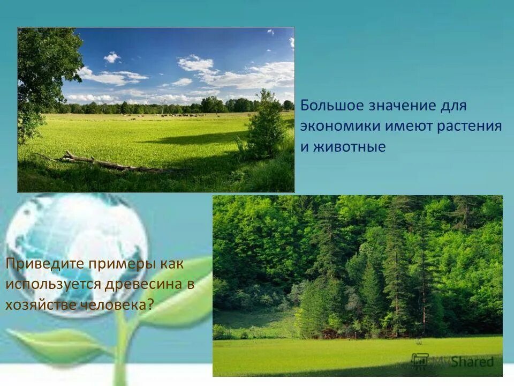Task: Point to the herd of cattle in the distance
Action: tap(171, 115)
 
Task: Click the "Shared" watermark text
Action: tap(471, 361)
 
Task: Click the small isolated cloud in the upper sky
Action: tap(112, 57)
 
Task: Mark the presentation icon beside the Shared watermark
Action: tap(420, 360)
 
